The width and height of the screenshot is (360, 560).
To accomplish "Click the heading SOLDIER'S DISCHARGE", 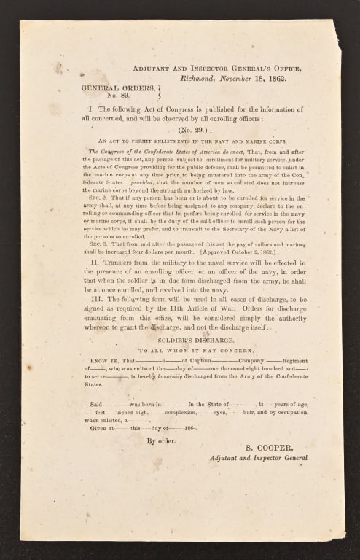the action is coord(179,339).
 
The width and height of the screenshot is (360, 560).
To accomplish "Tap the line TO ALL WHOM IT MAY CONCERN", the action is coord(179,351).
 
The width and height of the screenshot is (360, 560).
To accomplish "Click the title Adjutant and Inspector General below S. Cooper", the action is coord(258,458).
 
